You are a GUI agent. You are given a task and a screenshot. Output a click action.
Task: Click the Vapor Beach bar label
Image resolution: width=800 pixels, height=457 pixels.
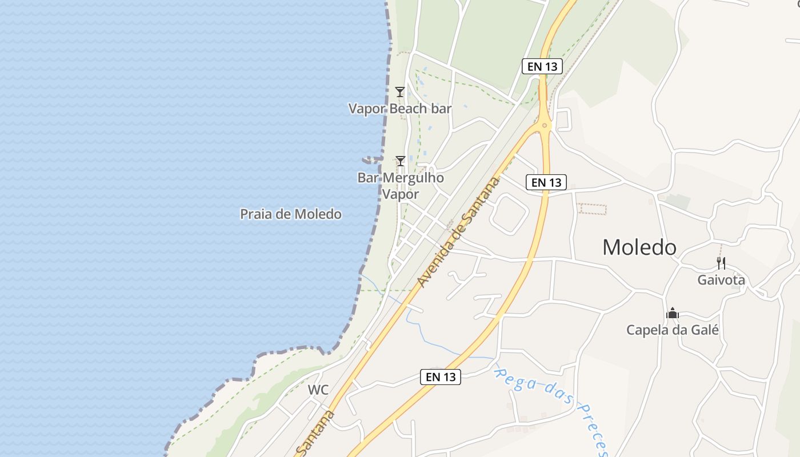point(400,109)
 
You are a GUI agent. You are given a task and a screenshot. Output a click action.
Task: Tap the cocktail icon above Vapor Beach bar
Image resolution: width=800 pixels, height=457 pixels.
point(400,91)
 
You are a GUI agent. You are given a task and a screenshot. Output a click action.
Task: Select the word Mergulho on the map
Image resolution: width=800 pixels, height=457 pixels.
point(413,178)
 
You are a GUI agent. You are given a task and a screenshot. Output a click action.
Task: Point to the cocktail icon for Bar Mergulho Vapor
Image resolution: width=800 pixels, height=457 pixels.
point(401,161)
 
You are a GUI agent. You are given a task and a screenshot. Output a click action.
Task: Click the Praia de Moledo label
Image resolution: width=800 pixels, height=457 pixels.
point(291,214)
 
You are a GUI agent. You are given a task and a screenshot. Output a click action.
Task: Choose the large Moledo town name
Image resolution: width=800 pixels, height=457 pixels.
point(639,247)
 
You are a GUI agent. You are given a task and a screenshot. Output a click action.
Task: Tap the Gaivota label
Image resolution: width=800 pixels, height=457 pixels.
point(721,280)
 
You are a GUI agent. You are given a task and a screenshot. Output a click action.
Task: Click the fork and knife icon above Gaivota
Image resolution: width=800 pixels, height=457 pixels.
point(721,263)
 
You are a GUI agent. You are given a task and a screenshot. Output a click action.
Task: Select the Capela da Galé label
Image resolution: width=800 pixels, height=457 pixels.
point(673,330)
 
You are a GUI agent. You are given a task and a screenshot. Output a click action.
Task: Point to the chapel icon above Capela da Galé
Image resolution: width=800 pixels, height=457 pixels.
point(673,313)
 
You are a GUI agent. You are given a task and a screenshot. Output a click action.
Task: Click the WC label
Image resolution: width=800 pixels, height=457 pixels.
point(318,390)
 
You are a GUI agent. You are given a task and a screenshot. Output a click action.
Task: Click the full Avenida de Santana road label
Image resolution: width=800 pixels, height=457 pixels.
point(458,232)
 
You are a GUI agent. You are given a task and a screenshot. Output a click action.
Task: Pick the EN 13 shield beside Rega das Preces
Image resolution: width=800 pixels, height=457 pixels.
point(441,377)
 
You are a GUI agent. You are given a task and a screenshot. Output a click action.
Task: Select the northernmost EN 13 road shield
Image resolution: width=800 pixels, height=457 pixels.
point(542,66)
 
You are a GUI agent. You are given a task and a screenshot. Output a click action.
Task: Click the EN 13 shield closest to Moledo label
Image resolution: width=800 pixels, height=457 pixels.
point(546,182)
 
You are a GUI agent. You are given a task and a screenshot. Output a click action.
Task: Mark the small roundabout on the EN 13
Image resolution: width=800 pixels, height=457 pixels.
point(545,125)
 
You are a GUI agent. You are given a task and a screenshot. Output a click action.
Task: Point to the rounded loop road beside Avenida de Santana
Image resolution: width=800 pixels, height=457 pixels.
point(509,214)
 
